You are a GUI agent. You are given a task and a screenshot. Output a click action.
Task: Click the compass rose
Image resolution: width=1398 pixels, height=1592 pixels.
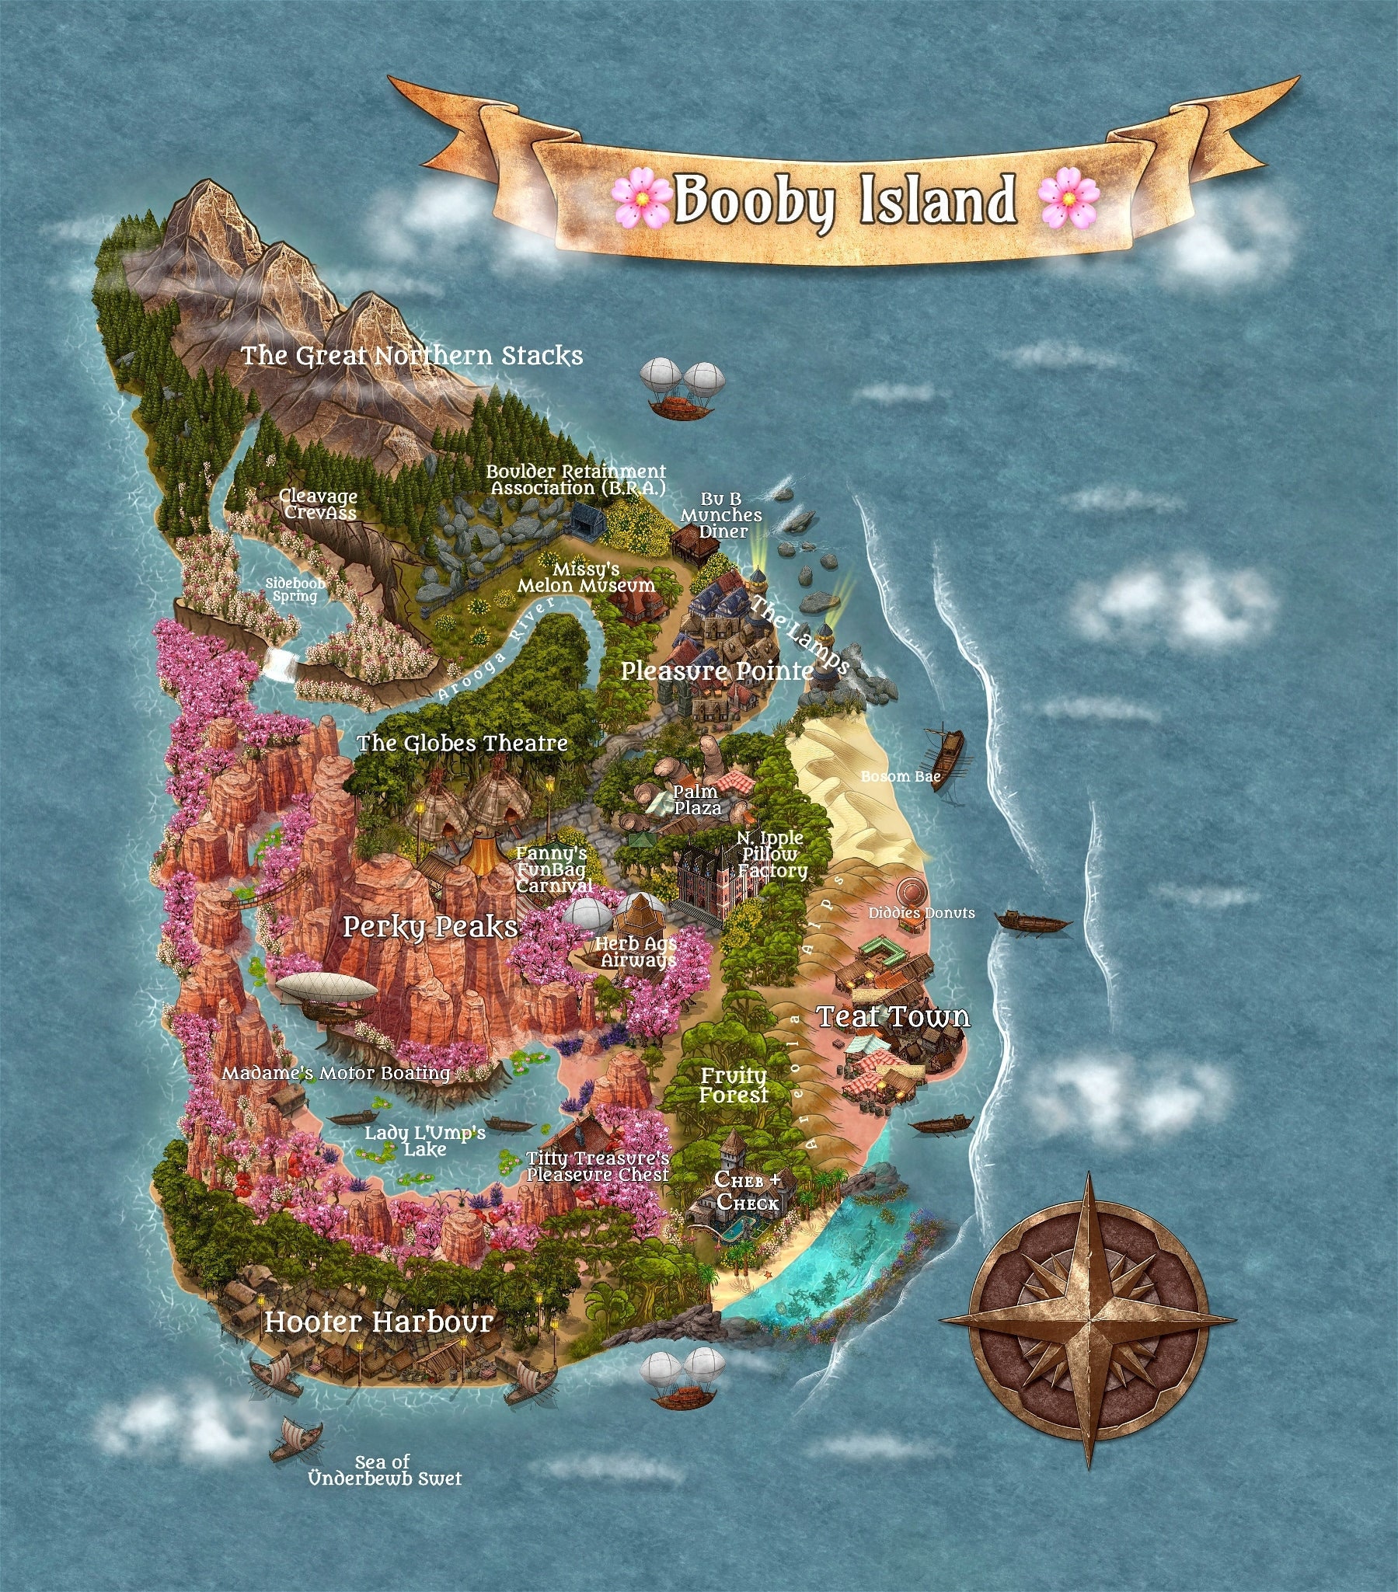pos(1088,1319)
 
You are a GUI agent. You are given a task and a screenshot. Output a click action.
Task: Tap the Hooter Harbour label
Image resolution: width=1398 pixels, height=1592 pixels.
pos(378,1322)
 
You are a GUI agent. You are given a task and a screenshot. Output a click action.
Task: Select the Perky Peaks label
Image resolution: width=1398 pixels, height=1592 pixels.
pos(430,927)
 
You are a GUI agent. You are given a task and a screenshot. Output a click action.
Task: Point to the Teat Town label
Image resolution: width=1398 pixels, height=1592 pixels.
pos(894,1016)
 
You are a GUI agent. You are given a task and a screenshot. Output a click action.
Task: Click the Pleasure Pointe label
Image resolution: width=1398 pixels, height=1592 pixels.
pos(716,671)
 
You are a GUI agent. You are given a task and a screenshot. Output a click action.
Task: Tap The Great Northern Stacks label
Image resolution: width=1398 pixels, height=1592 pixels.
pos(411,356)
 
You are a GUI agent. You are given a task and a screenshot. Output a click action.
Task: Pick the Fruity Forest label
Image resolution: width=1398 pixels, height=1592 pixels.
pos(733,1085)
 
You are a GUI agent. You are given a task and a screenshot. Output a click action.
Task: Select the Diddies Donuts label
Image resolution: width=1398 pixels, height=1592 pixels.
pos(922,913)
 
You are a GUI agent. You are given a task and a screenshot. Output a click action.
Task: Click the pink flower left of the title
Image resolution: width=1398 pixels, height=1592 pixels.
pos(640,200)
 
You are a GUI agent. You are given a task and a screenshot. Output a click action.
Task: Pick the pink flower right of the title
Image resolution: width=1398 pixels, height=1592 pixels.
pos(1069,200)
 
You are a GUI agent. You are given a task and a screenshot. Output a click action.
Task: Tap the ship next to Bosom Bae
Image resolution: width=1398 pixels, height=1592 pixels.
pos(944,758)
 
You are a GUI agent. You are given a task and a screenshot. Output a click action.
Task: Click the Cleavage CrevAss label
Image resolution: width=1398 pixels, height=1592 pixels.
pos(319,504)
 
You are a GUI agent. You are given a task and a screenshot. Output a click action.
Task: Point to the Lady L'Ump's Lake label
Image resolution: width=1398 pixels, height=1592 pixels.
pos(425,1141)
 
